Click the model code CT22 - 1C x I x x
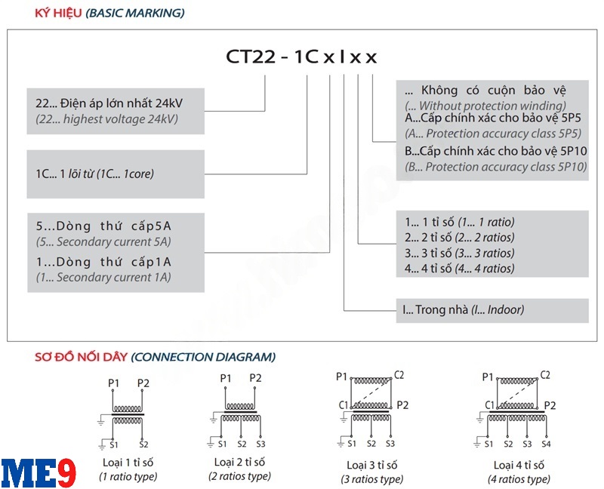point(301,57)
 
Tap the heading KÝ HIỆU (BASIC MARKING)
point(109,13)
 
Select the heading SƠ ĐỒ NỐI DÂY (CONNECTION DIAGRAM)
point(155,356)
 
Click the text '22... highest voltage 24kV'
point(107,119)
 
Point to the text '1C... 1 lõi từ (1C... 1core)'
point(94,174)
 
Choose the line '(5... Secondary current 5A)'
point(103,241)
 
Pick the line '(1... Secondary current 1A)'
point(103,277)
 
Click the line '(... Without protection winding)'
point(485,106)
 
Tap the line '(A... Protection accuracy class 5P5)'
point(492,134)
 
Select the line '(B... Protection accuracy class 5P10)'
point(495,167)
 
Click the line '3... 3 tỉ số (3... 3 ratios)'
point(459,253)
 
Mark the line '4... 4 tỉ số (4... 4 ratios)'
point(459,268)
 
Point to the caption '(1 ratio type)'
point(128,476)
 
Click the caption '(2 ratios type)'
point(239,476)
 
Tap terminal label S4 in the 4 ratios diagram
point(546,444)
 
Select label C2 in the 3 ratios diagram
point(399,375)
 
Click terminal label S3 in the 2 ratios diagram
point(261,444)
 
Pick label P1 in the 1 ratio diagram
point(114,383)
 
